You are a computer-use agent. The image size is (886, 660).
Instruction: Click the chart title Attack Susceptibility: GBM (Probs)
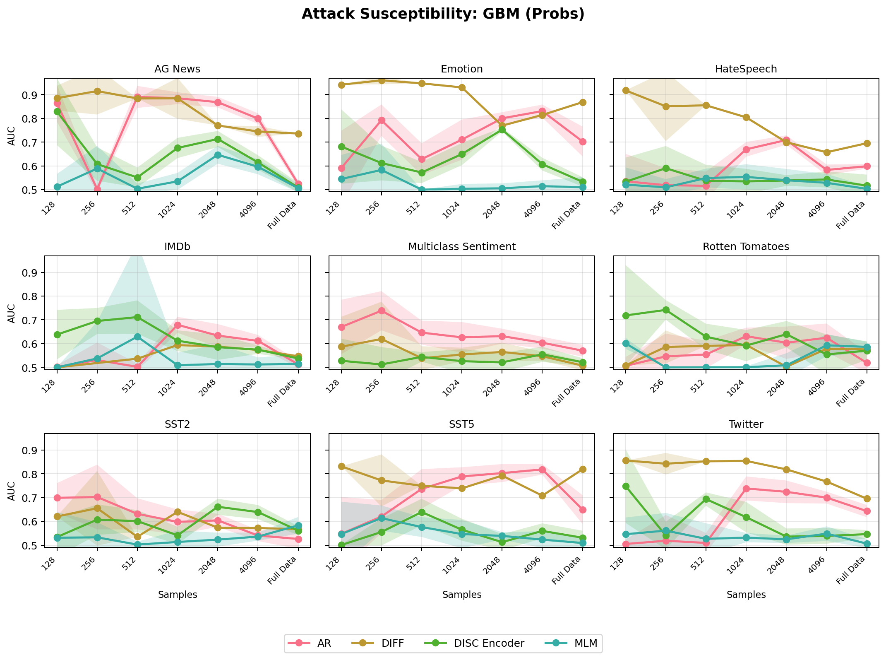[x=443, y=14]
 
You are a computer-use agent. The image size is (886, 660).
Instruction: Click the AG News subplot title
[x=177, y=69]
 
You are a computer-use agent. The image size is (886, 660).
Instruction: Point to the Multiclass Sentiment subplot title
[x=461, y=247]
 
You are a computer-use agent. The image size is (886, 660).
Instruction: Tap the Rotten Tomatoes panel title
[x=746, y=247]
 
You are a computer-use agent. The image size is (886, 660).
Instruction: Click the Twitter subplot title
[x=746, y=424]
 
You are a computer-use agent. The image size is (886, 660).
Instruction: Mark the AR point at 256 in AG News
[x=97, y=189]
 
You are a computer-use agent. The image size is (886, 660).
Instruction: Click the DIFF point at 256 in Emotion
[x=382, y=80]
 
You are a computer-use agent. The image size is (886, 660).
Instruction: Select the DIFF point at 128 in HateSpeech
[x=626, y=90]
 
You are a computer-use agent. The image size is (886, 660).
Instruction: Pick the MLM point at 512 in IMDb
[x=137, y=337]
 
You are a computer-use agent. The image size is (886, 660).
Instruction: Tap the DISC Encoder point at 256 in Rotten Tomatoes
[x=666, y=310]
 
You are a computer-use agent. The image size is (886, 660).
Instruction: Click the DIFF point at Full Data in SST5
[x=582, y=469]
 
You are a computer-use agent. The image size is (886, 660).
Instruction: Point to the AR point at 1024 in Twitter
[x=746, y=489]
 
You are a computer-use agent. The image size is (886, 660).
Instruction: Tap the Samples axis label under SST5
[x=461, y=595]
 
